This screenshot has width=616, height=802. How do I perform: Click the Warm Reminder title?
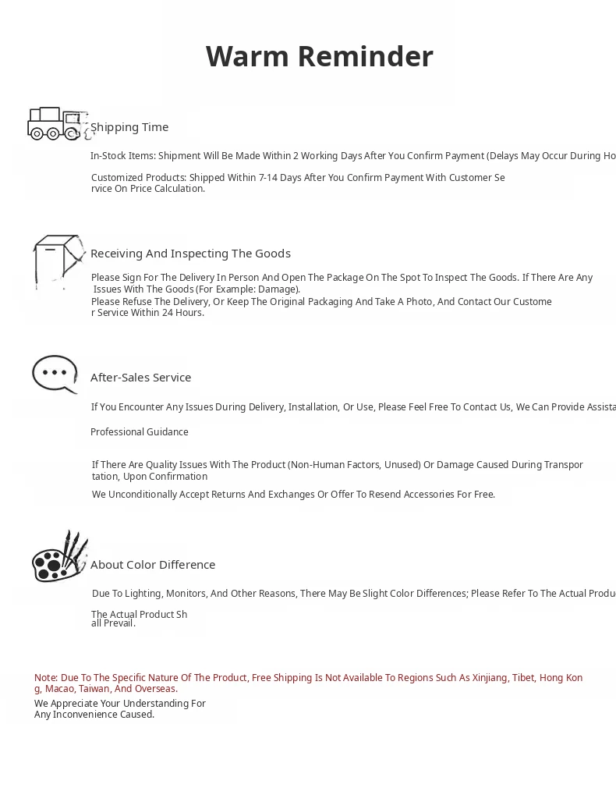coord(319,56)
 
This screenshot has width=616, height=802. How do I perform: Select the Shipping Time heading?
coord(129,127)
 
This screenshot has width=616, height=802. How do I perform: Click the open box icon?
coord(58,261)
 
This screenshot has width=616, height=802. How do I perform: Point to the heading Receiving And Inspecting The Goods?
coord(190,254)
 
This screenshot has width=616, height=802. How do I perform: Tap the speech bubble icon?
coord(55,374)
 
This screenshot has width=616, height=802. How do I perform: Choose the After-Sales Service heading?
coord(140,378)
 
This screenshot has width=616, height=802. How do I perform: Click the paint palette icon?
coord(59,557)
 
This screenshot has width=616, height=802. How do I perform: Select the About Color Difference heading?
coord(153,565)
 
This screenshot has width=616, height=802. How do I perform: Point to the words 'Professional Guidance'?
coord(140,432)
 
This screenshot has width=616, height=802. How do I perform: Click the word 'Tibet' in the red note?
coord(522,678)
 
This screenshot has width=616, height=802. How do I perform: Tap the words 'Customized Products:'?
coord(138,178)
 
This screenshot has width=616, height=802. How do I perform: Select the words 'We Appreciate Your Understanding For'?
coord(120,704)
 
